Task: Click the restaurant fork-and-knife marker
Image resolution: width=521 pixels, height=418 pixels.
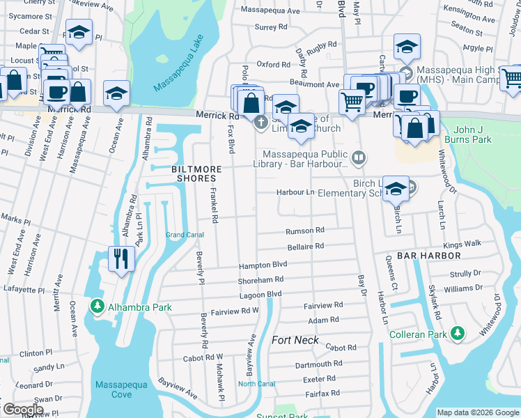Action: coord(121,258)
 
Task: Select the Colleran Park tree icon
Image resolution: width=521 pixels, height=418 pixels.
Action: coord(458,334)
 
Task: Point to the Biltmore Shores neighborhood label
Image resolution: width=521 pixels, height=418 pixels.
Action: coord(197,174)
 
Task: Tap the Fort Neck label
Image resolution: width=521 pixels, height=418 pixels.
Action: coord(295,340)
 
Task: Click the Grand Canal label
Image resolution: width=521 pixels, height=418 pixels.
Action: coord(185,235)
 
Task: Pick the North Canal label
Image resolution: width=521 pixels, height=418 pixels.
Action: coord(256,384)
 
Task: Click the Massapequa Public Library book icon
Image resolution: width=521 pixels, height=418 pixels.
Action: coord(358,158)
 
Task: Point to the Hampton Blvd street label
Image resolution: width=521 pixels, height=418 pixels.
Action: coord(263,265)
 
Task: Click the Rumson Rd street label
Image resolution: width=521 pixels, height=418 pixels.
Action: coord(305,231)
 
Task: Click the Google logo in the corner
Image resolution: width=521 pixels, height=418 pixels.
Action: coord(22,410)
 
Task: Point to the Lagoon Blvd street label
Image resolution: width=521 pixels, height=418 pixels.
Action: coord(260,294)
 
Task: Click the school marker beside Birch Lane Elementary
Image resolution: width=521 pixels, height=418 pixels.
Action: coord(396,189)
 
